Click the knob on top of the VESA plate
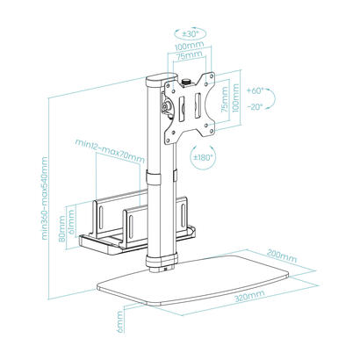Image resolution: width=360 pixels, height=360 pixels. [185, 86]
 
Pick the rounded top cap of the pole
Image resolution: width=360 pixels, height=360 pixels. [151, 82]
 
